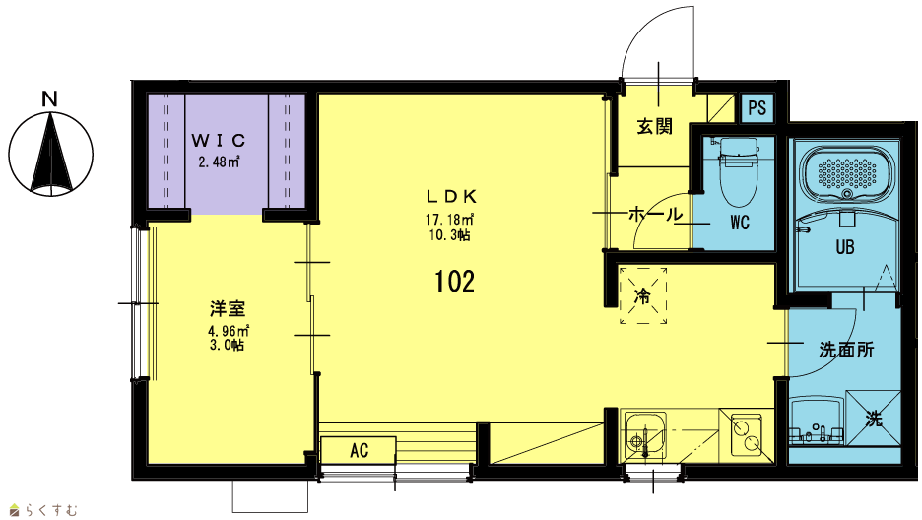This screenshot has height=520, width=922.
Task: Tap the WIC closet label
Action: point(219,141)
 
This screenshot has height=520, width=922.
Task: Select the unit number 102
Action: point(454,282)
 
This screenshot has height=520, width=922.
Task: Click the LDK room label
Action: point(451,196)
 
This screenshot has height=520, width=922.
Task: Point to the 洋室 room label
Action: point(228,309)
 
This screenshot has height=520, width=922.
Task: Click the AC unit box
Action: point(358,450)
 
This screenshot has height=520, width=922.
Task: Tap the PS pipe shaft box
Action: point(757,108)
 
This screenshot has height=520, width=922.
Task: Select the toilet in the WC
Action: point(739,171)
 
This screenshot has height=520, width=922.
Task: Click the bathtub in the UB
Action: point(846,173)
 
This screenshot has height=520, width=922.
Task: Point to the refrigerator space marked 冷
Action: point(642,295)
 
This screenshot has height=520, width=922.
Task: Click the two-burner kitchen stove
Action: point(747,433)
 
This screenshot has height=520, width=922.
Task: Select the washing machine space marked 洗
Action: point(873,419)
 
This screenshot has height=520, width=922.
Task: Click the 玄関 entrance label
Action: point(654,126)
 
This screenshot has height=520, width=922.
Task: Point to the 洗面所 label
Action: point(846,351)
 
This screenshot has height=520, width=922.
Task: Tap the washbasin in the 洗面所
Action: point(817,421)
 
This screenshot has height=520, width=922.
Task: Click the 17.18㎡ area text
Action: point(450,220)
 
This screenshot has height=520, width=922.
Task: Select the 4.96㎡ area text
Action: point(227,331)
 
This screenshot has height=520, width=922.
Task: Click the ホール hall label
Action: point(656,214)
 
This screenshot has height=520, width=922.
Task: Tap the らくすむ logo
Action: point(44,510)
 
